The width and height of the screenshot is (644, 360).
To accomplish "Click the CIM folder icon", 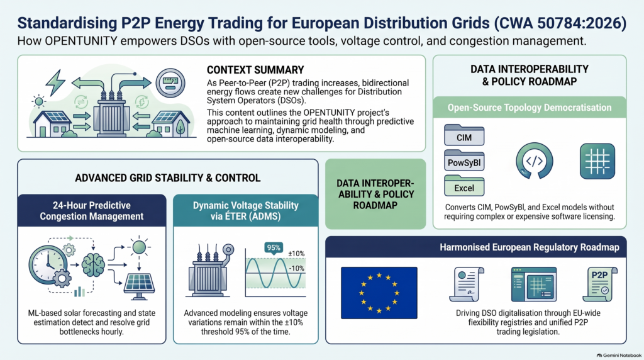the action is pos(464,135).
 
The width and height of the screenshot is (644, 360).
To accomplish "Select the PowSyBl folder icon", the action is pos(464,160).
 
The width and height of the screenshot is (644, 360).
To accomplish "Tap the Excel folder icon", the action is pos(464,186).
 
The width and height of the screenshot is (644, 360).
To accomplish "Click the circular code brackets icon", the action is pos(534,160).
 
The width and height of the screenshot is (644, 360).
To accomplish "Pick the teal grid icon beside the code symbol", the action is pos(597,161).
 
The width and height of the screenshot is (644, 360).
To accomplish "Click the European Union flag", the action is pos(379,293).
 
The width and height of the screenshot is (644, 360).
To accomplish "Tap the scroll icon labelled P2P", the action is pos(600,284).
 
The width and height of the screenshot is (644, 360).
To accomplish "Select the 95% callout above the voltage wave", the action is pos(274,248).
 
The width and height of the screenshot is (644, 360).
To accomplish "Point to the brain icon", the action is pos(93,265).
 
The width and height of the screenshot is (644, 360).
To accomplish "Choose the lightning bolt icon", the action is pos(56,82).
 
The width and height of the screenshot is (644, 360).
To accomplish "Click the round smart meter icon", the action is pos(170,82).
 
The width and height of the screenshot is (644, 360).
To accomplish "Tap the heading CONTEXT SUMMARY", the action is pos(255,70).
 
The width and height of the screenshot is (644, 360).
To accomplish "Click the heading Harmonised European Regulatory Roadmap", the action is pos(530,247).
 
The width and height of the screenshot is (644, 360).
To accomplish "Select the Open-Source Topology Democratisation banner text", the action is pos(530,108).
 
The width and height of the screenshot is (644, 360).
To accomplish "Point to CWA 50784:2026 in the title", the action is pos(560,23).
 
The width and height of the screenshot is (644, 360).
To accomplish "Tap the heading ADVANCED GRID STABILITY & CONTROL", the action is pos(167,178).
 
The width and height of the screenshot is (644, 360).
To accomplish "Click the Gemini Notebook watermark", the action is pos(619,355).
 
